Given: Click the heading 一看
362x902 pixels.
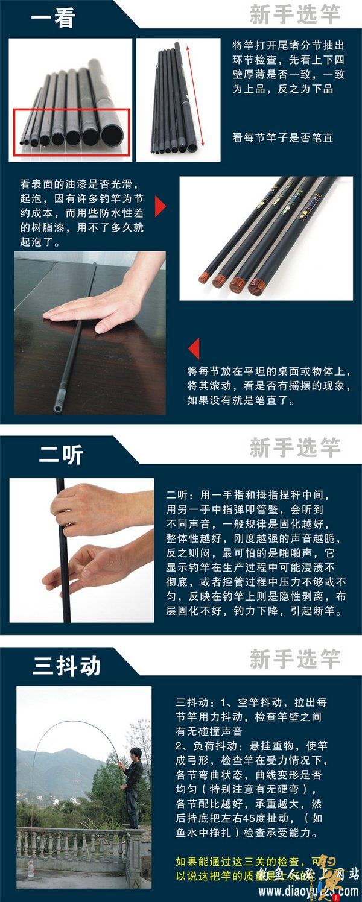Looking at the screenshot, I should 52,18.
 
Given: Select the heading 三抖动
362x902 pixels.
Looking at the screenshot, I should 66,666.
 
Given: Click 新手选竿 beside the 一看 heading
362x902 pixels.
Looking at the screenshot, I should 295,14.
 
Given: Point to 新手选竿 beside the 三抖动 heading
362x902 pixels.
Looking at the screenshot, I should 295,659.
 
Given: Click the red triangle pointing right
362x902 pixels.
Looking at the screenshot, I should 160,206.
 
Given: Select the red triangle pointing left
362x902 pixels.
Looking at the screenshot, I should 194,348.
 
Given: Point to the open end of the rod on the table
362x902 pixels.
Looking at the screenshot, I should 57,408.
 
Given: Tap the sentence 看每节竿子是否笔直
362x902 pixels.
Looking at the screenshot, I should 282,138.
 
